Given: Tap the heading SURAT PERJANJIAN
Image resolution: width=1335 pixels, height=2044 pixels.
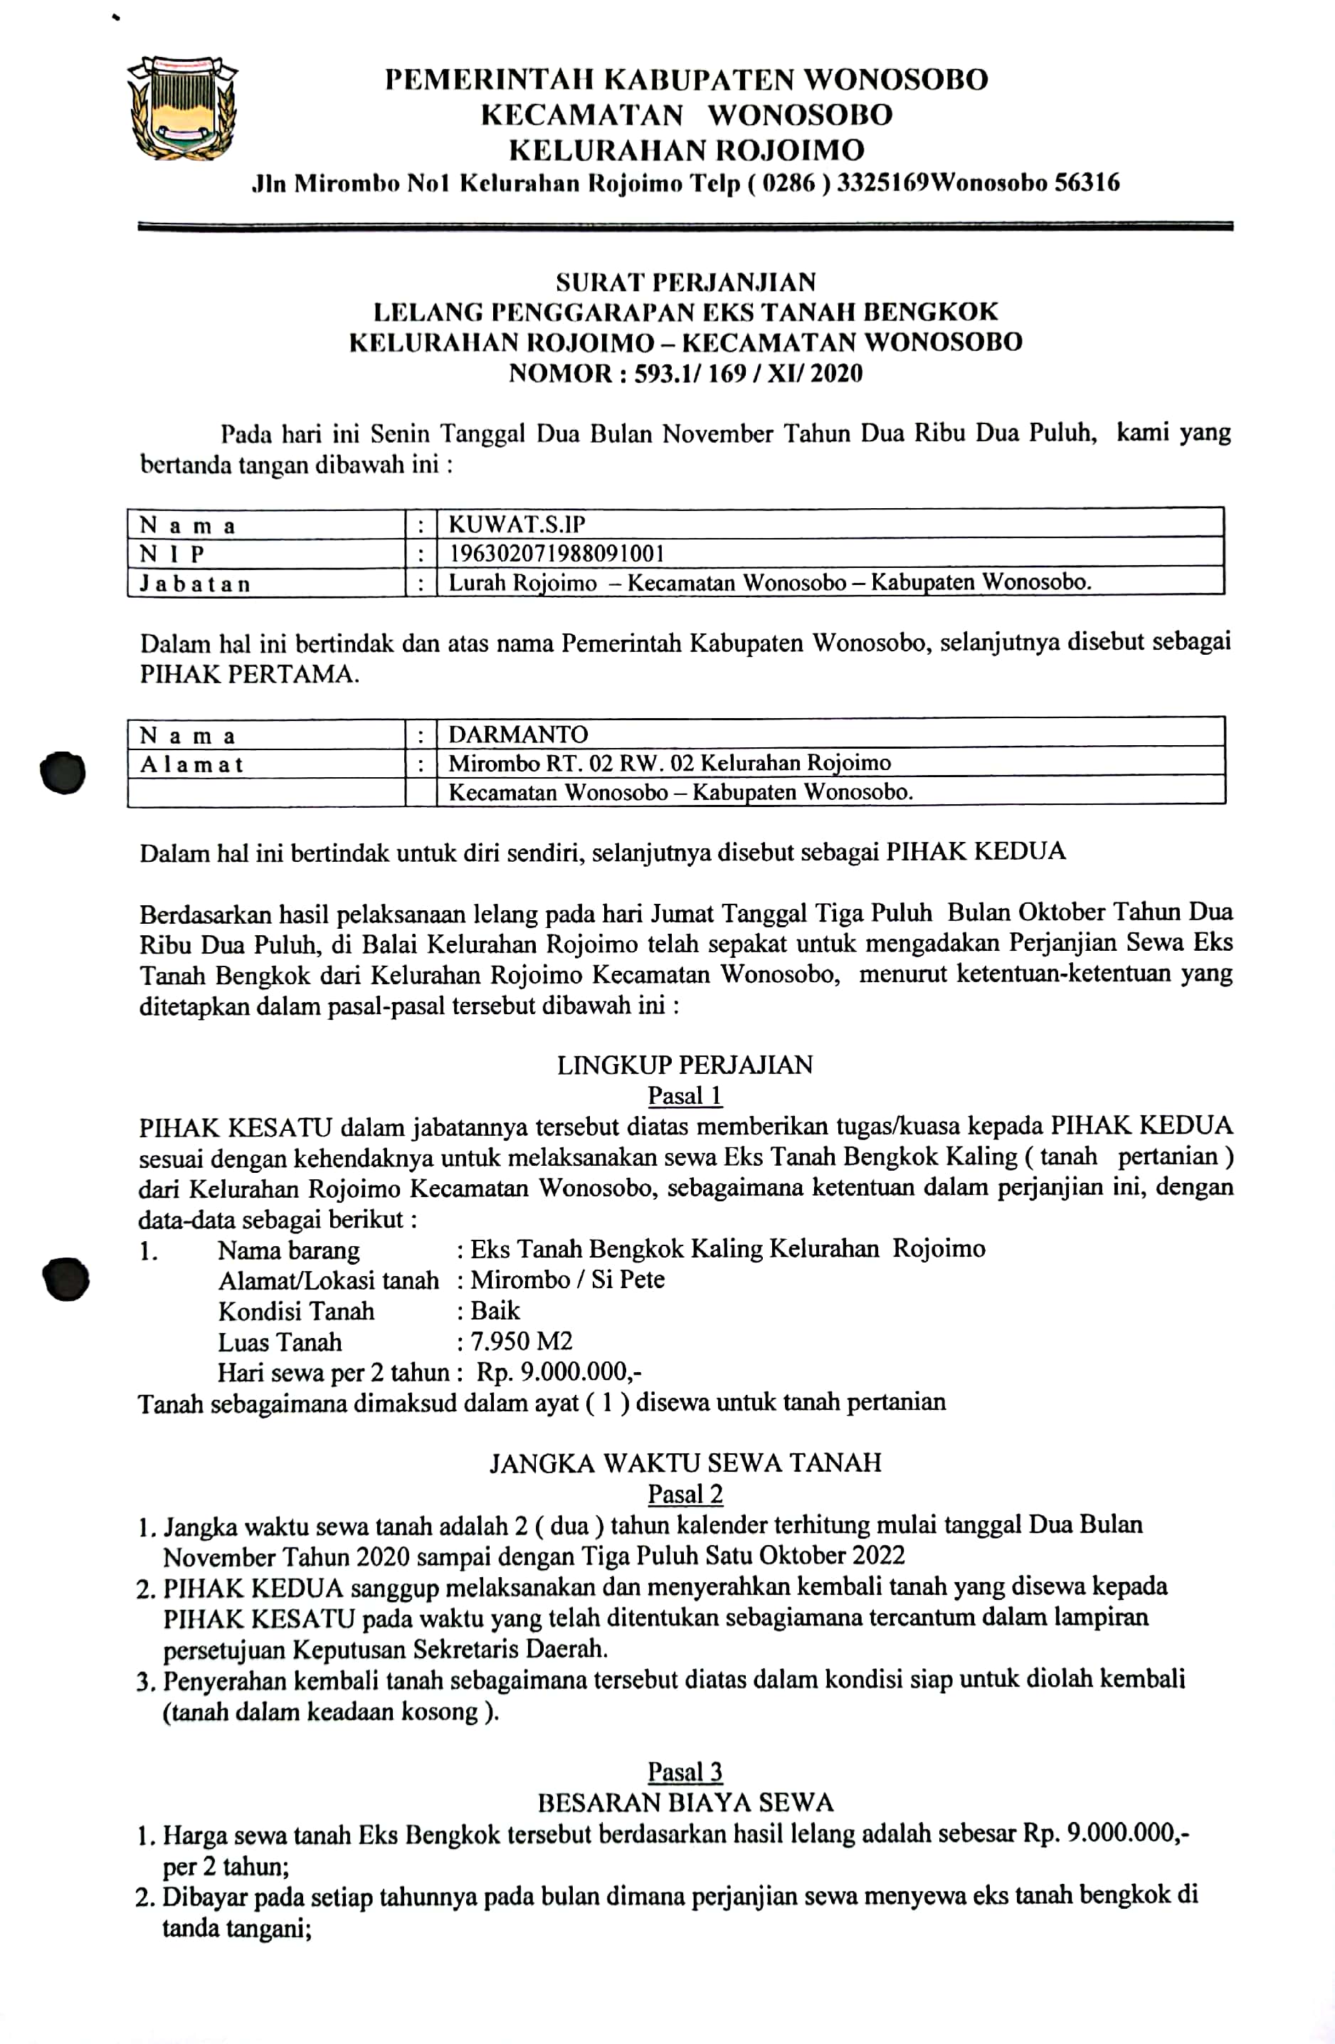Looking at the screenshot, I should pyautogui.click(x=685, y=282).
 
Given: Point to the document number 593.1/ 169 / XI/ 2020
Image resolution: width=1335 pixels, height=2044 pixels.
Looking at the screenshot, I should pyautogui.click(x=748, y=374).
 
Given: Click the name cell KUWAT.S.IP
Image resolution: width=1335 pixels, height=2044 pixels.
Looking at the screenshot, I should pyautogui.click(x=517, y=524).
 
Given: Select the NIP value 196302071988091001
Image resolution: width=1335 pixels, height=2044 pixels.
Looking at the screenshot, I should pyautogui.click(x=556, y=553).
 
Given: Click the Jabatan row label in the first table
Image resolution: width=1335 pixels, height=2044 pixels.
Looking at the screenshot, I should pyautogui.click(x=196, y=584).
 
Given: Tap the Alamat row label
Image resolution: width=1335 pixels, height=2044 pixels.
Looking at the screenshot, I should pyautogui.click(x=191, y=764).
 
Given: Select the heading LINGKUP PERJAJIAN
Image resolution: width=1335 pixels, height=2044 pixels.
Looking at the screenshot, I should pyautogui.click(x=685, y=1065).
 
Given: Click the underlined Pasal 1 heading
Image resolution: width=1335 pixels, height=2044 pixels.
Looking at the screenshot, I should pyautogui.click(x=685, y=1096).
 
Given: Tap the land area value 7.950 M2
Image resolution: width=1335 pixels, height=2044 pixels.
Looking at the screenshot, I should pyautogui.click(x=521, y=1342).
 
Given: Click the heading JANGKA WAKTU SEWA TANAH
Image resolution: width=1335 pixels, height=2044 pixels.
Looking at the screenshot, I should pyautogui.click(x=685, y=1463).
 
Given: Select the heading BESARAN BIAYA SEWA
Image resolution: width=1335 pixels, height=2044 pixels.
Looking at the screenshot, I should pyautogui.click(x=685, y=1803).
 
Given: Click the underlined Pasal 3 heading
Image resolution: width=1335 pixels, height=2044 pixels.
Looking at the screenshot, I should pyautogui.click(x=685, y=1771).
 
